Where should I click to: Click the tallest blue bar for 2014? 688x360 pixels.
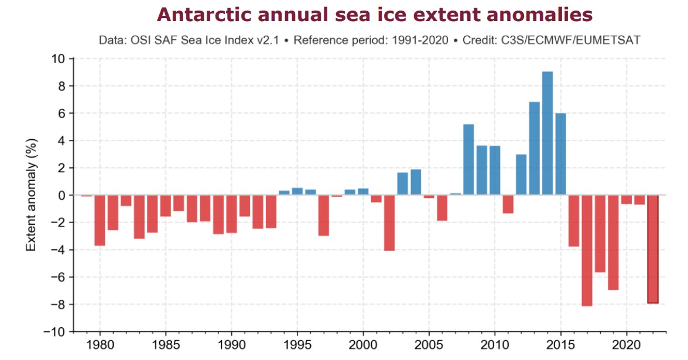547,133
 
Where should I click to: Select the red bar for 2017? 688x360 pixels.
587,251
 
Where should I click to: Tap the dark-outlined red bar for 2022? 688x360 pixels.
652,249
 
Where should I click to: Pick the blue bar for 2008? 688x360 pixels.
468,160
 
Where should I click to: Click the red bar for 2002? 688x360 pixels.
389,223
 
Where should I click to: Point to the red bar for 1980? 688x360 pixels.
100,220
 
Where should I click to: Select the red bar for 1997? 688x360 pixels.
323,215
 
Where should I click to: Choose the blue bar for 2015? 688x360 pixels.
560,154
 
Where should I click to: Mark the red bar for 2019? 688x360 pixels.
613,242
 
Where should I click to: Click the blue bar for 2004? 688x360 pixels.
416,182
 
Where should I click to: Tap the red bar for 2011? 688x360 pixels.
508,204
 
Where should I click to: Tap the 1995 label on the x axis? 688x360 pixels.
297,345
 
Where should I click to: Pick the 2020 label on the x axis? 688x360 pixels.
626,345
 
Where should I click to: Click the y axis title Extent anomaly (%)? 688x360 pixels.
30,195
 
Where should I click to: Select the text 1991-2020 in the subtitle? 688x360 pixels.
420,40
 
